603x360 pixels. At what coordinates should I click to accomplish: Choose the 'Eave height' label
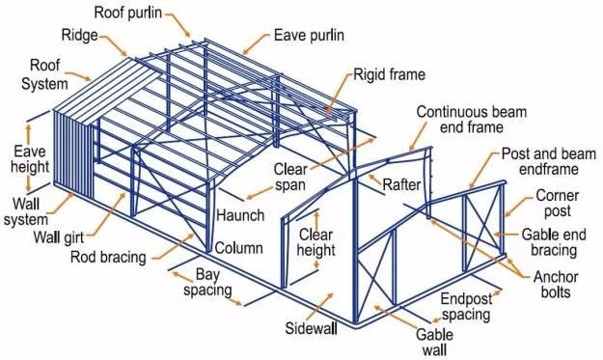pyautogui.click(x=31, y=158)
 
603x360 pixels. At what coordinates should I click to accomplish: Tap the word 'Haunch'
pyautogui.click(x=240, y=214)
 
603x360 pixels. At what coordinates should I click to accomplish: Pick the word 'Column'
pyautogui.click(x=238, y=248)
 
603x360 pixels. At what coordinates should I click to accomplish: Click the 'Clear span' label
pyautogui.click(x=288, y=176)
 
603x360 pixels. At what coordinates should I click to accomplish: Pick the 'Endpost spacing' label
pyautogui.click(x=467, y=305)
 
